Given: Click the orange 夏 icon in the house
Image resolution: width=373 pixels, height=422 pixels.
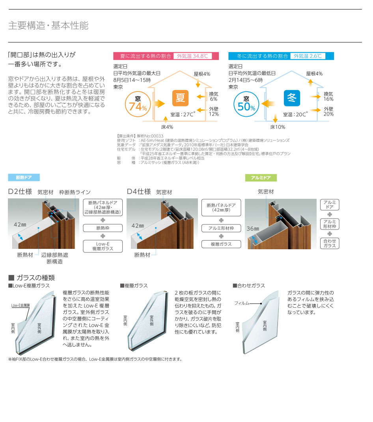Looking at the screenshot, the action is tap(180, 98).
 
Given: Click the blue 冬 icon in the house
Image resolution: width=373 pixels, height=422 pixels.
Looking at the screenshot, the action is tap(292, 98).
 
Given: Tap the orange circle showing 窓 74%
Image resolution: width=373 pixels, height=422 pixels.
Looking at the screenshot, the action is tap(138, 104).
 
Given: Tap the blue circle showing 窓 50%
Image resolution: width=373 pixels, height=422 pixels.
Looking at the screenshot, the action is tap(246, 104).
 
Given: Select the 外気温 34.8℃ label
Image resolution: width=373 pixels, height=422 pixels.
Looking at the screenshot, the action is tap(192, 56).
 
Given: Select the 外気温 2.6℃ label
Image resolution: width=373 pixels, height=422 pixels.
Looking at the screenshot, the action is tap(308, 56).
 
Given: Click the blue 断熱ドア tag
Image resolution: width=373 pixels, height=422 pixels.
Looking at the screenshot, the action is tap(24, 177).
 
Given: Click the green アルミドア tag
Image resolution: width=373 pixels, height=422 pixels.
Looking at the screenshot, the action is tap(261, 177).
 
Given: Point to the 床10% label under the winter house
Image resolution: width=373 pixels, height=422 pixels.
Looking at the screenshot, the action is tap(278, 127).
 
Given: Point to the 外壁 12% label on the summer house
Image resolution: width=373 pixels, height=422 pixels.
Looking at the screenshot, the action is tap(214, 112).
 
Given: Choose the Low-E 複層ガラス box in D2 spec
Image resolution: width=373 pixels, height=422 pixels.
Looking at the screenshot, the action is tap(103, 246).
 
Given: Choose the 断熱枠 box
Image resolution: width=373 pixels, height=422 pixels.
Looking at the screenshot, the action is tap(103, 228).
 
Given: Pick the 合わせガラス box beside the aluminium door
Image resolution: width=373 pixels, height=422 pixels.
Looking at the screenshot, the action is tap(330, 243).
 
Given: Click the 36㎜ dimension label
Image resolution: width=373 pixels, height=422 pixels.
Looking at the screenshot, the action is tap(253, 229).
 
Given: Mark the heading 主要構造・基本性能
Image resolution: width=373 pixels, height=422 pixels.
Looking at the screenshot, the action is tap(48, 26).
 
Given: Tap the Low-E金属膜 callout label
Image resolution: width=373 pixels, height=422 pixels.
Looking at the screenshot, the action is tap(21, 306).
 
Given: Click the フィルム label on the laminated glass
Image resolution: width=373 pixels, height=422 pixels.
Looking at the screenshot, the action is tap(242, 303).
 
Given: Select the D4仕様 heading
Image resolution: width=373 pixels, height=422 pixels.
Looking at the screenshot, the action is tap(139, 192).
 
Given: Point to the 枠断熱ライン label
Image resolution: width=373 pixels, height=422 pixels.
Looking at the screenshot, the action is tap(75, 192).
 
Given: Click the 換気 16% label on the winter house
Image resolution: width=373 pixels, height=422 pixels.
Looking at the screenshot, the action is tap(328, 97).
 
